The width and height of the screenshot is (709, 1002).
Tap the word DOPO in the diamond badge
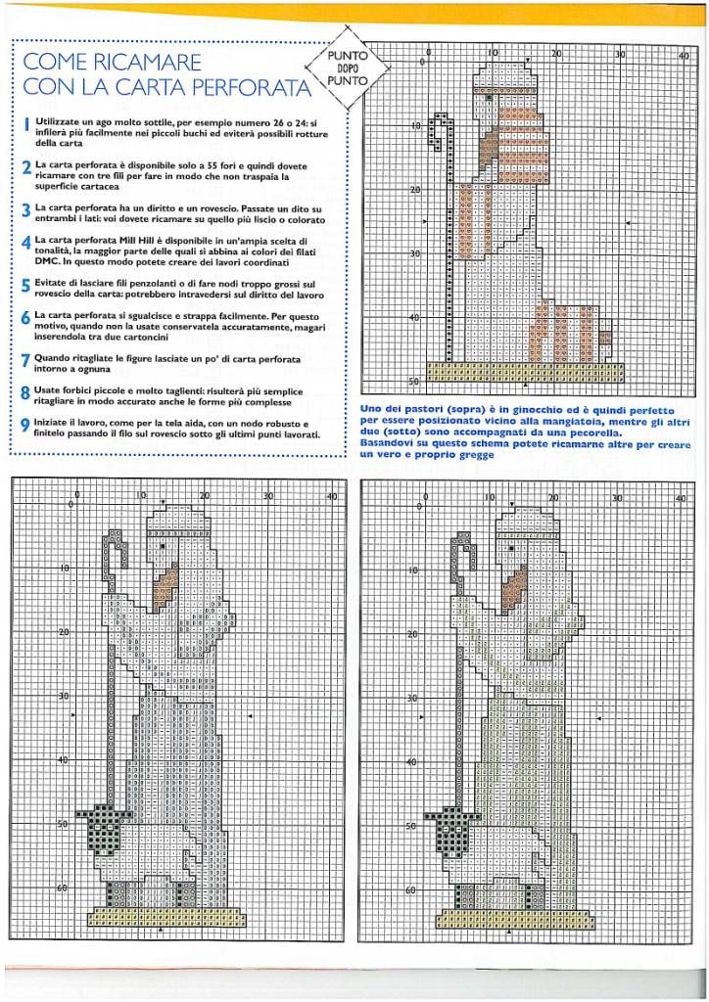pyautogui.click(x=347, y=68)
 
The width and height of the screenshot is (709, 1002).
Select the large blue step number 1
pyautogui.click(x=26, y=124)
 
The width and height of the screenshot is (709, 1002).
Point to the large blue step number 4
pyautogui.click(x=26, y=243)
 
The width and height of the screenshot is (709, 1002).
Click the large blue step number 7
pyautogui.click(x=26, y=360)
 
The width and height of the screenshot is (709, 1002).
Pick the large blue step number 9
pyautogui.click(x=26, y=425)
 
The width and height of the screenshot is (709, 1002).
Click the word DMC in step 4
pyautogui.click(x=47, y=262)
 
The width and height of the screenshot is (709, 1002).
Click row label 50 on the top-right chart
pyautogui.click(x=414, y=381)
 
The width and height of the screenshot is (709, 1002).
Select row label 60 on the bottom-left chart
pyautogui.click(x=62, y=888)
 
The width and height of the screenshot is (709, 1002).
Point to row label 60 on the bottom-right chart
pyautogui.click(x=412, y=890)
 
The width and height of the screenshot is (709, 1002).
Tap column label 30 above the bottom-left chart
pyautogui.click(x=268, y=495)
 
